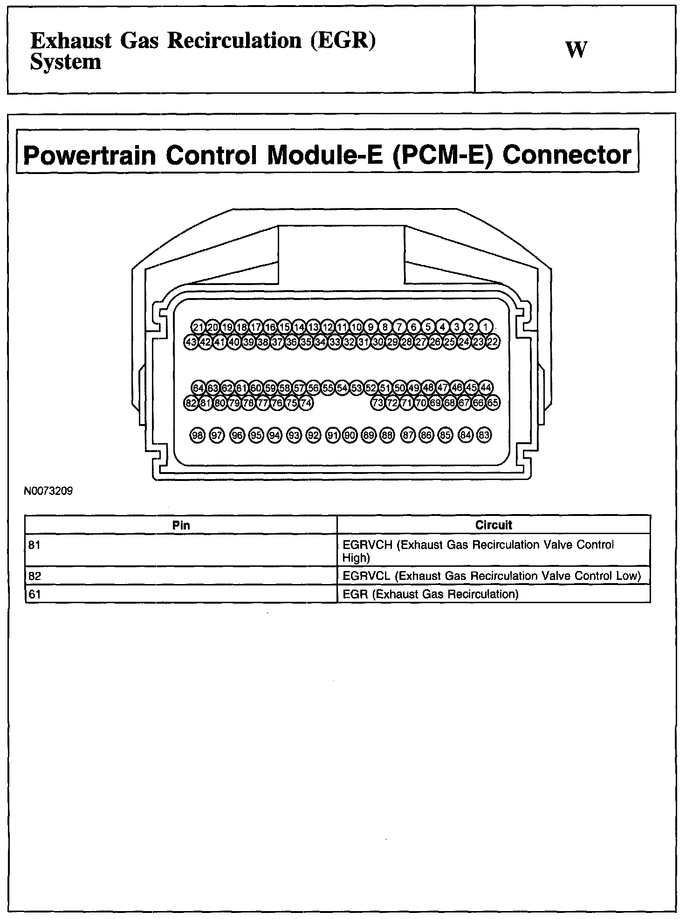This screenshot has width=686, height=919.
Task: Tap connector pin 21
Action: click(199, 327)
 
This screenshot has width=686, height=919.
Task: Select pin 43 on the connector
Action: click(191, 342)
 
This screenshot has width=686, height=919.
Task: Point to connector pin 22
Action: click(493, 342)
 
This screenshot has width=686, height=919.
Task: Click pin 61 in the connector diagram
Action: click(241, 388)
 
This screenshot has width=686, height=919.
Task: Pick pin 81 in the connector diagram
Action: click(206, 403)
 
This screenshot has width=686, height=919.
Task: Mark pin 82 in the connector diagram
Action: click(191, 403)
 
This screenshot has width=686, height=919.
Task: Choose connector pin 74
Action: click(306, 403)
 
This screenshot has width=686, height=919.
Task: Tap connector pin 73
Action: click(378, 403)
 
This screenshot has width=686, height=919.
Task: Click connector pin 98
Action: click(198, 435)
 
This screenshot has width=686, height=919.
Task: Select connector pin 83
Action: click(484, 435)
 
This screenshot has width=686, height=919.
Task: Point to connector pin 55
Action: click(328, 388)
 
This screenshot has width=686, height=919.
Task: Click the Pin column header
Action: click(181, 525)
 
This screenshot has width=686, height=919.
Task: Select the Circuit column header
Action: click(494, 525)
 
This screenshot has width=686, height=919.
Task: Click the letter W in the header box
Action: click(576, 50)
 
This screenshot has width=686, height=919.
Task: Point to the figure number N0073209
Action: click(48, 491)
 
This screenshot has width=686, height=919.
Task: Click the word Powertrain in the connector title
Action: click(89, 155)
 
